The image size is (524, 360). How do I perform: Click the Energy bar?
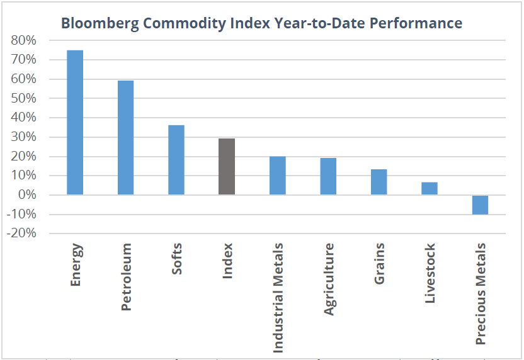(x=75, y=123)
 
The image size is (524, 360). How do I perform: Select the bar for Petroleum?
(x=125, y=138)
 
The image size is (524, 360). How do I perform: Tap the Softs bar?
(x=176, y=160)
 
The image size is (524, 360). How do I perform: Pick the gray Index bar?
(x=227, y=167)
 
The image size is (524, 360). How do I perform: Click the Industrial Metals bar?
(x=277, y=176)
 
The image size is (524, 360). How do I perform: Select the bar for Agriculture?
(x=328, y=176)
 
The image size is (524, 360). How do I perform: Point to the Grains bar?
(x=379, y=182)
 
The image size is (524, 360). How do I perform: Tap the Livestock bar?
(x=429, y=189)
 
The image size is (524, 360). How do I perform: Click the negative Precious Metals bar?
(x=480, y=205)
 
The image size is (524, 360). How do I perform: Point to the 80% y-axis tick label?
(x=24, y=40)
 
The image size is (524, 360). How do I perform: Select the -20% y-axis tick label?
(x=22, y=233)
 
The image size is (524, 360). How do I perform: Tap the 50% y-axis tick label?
(x=24, y=99)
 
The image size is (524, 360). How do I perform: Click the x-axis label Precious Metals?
(x=481, y=293)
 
